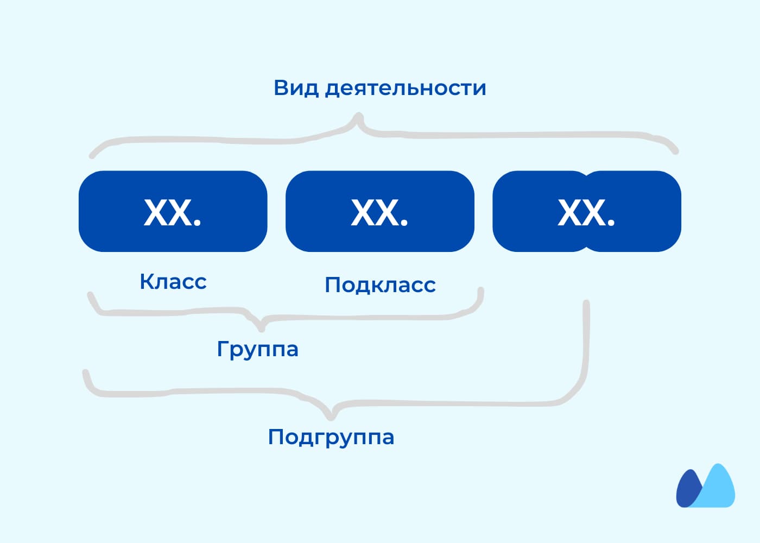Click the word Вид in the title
296,88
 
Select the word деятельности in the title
406,89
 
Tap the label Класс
173,281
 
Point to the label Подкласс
380,285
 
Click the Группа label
257,350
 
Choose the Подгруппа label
331,437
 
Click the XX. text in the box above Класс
173,212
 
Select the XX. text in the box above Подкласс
379,212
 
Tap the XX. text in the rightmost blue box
586,212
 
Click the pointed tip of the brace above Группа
261,329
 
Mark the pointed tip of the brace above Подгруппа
331,417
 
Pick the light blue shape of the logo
717,489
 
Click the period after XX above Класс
197,222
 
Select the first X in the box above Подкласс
363,212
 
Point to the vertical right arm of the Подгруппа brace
585,346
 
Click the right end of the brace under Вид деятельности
675,151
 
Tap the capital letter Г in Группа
222,349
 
